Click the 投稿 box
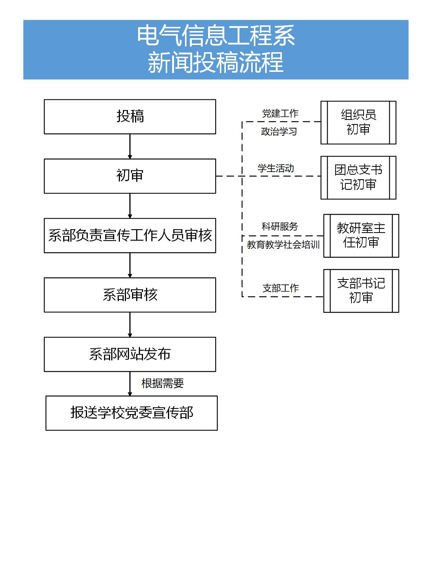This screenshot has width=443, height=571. tap(130, 117)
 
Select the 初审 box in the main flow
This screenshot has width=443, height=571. tap(130, 176)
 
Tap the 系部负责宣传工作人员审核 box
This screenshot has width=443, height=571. tap(130, 236)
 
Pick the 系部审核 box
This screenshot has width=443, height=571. tap(130, 295)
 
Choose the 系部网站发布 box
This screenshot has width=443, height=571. tap(130, 354)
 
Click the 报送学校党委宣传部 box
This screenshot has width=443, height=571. tap(132, 413)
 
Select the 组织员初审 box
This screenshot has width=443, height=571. tap(358, 123)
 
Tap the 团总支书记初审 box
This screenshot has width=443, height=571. tap(358, 178)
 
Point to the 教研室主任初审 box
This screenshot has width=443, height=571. tap(361, 236)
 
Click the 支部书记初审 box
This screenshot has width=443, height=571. tap(361, 291)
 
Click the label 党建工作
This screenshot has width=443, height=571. tap(280, 113)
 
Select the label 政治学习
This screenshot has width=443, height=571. tap(279, 131)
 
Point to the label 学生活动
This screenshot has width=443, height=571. tap(276, 168)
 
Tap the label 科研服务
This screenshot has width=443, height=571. tap(280, 226)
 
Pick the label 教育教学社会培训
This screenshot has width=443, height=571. tap(283, 245)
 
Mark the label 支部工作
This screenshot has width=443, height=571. tap(281, 288)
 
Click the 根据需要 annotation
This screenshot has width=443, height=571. tap(162, 383)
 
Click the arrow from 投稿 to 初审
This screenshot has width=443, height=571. tap(130, 146)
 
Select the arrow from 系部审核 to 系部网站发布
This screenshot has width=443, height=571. tap(130, 324)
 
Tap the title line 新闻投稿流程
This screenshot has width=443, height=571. tap(216, 62)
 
